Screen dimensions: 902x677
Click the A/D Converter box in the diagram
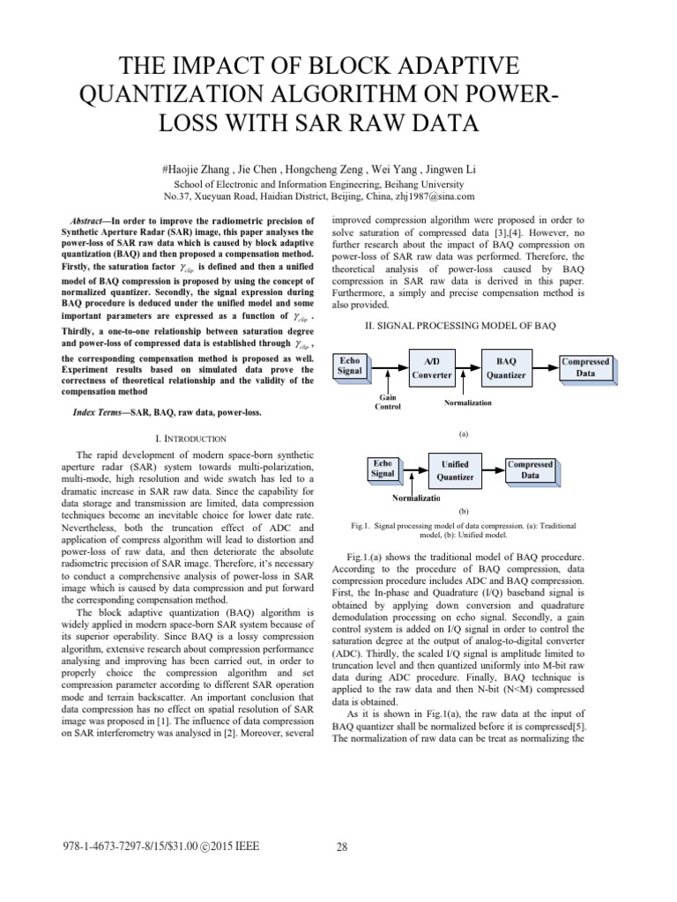point(432,367)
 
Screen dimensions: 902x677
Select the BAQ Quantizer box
point(506,367)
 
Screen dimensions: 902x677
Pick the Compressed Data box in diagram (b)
point(530,469)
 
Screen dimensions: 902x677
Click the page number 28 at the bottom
point(342,848)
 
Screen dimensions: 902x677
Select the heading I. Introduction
point(190,438)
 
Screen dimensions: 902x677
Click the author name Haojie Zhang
point(200,166)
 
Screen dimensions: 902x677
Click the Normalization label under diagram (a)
point(467,402)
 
